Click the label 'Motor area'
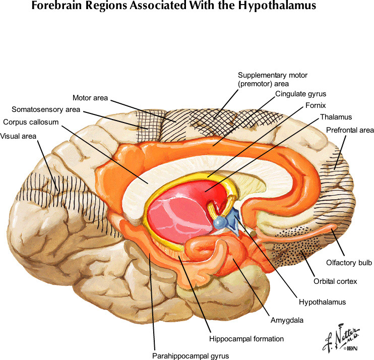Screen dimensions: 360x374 point(90,98)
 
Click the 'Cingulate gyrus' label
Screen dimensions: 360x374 point(301,94)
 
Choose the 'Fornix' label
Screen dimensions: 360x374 point(316,105)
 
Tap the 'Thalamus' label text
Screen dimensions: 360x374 point(335,117)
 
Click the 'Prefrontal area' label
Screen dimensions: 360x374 point(349,130)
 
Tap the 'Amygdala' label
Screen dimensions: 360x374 point(282,320)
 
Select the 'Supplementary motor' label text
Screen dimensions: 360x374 point(272,75)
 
